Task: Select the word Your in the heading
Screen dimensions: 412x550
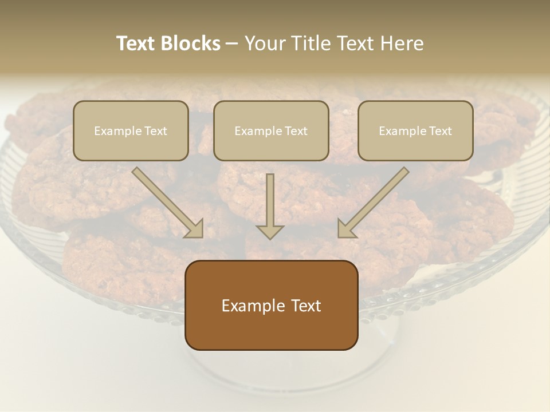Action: click(265, 43)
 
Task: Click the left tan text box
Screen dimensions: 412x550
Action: click(131, 130)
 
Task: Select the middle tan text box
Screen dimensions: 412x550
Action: click(271, 130)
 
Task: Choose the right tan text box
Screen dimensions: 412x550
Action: click(415, 130)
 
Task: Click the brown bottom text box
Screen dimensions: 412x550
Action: click(271, 305)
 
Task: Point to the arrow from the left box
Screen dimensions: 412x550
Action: click(168, 203)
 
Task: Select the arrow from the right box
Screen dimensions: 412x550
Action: click(373, 203)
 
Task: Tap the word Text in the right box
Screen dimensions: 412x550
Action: click(440, 131)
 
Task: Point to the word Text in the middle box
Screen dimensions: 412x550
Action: click(296, 131)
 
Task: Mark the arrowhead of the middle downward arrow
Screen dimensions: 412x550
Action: click(270, 231)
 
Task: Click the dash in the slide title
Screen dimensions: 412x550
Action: click(232, 43)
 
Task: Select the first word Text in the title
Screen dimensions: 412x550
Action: click(136, 43)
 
